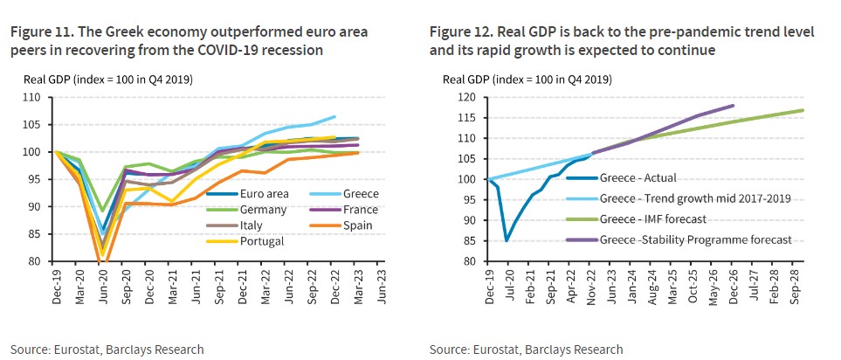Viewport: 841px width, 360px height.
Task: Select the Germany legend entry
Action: point(237,211)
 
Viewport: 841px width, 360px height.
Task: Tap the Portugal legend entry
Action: point(238,240)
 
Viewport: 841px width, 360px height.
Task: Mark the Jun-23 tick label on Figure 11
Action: point(382,280)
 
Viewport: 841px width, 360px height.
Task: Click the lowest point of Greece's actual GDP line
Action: point(507,240)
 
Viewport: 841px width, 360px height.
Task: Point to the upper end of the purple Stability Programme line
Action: point(733,106)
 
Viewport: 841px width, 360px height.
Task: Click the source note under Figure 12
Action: point(526,349)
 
